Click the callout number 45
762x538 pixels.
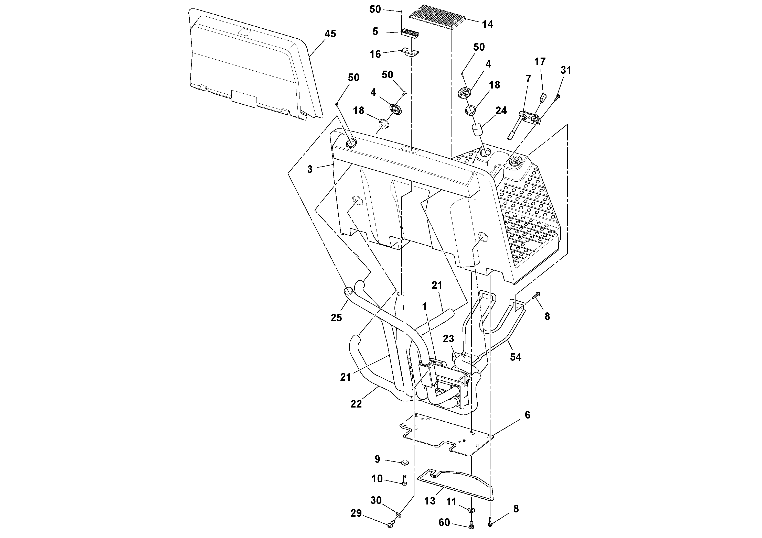pyautogui.click(x=330, y=34)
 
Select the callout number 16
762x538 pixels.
pyautogui.click(x=375, y=54)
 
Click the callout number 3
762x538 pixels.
pyautogui.click(x=310, y=170)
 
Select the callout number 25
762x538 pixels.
pyautogui.click(x=336, y=318)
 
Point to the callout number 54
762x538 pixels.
pyautogui.click(x=516, y=357)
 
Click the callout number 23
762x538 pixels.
pyautogui.click(x=448, y=339)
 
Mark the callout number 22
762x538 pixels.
pyautogui.click(x=356, y=404)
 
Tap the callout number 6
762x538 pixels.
pyautogui.click(x=527, y=415)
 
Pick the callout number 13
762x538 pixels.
pyautogui.click(x=430, y=501)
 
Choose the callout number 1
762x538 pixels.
pyautogui.click(x=424, y=306)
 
